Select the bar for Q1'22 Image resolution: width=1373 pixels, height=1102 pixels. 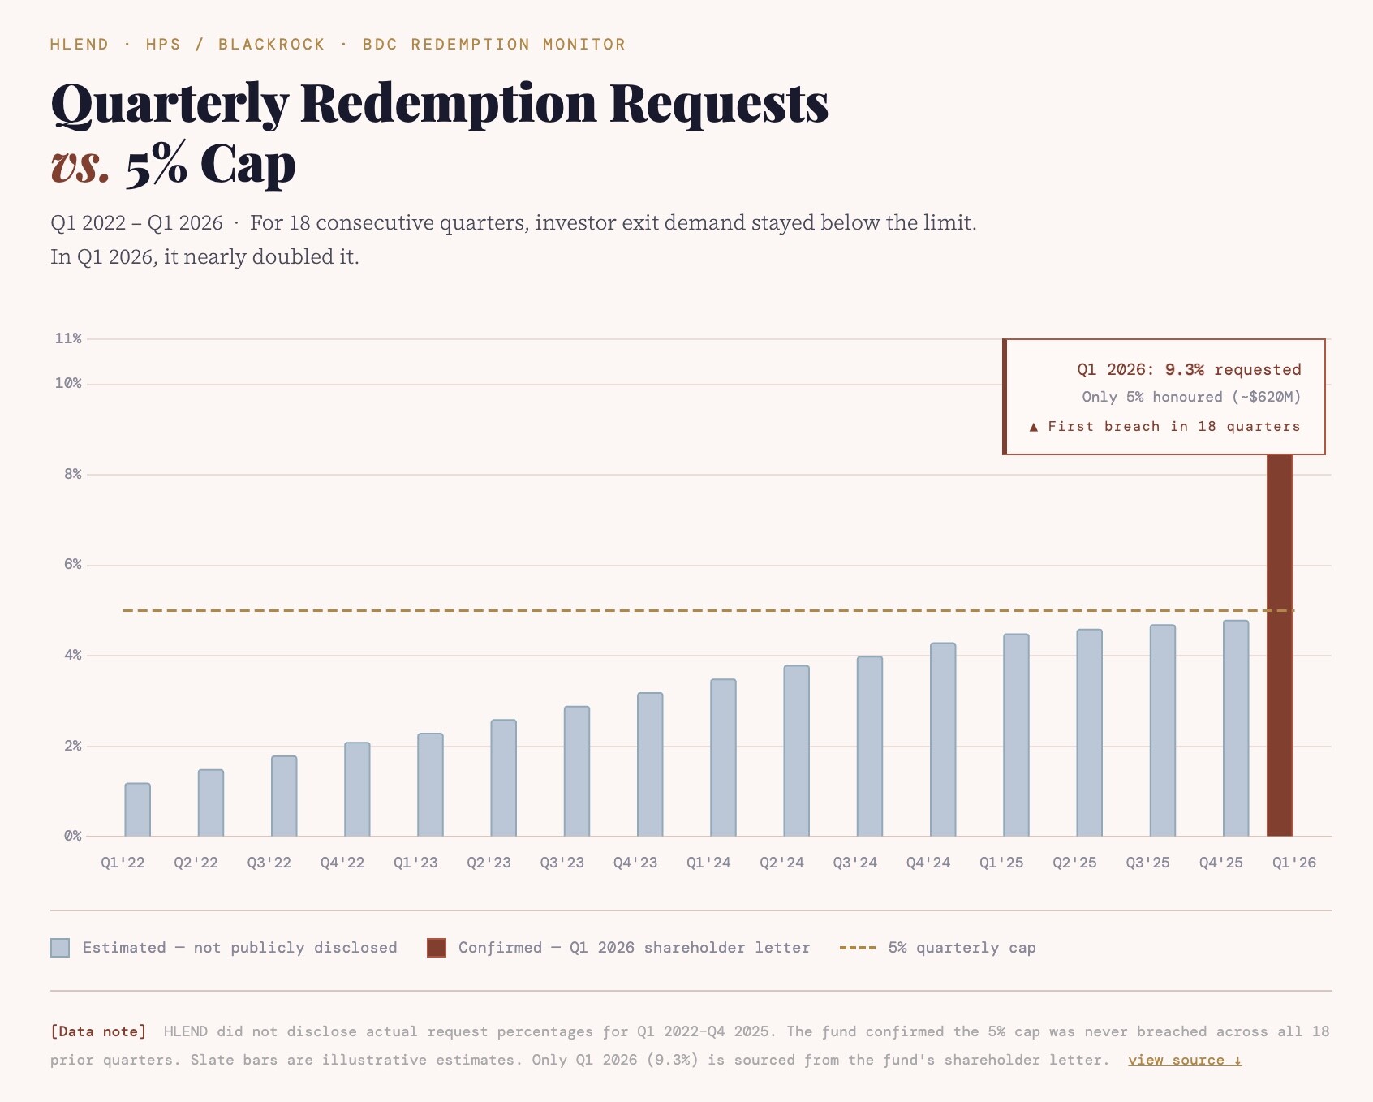[x=138, y=810]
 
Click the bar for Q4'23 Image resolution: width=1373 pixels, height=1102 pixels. [x=650, y=764]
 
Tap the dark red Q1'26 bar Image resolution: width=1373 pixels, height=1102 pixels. [x=1280, y=645]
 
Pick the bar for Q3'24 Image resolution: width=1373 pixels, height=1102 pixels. [x=870, y=747]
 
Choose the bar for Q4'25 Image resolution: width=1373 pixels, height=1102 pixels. [x=1236, y=729]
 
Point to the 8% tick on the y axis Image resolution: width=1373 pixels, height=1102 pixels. [x=73, y=474]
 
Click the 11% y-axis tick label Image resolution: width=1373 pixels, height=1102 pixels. [x=68, y=338]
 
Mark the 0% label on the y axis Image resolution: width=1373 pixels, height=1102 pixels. [x=73, y=836]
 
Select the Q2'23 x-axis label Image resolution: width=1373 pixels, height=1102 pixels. [x=489, y=863]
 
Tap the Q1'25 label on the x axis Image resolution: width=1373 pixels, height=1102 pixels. [x=1001, y=863]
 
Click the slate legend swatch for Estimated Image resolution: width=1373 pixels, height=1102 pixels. [x=60, y=948]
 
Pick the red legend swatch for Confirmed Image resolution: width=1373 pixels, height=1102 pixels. [x=437, y=948]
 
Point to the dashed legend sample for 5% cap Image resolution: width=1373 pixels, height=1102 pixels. [x=858, y=948]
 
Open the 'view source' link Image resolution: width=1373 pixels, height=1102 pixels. [x=1185, y=1060]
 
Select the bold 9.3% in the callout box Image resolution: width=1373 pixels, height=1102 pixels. [x=1185, y=370]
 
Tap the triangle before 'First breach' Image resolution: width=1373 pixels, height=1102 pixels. [x=1034, y=427]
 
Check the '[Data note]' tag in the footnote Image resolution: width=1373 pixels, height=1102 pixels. [x=99, y=1031]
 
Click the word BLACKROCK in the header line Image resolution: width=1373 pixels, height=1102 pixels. [x=272, y=45]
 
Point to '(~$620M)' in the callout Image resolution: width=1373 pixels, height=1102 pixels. [x=1267, y=397]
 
